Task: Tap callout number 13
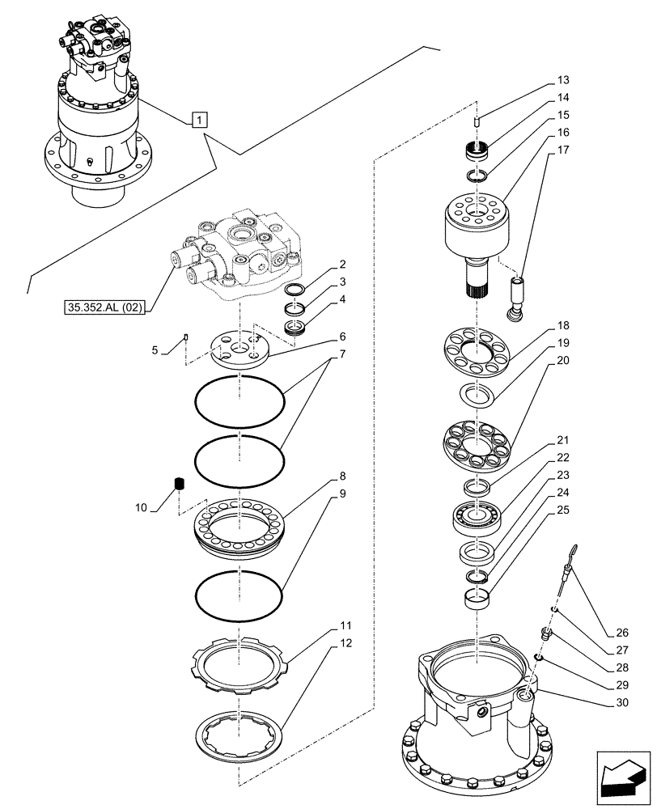(x=563, y=80)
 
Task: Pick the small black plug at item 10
(x=180, y=485)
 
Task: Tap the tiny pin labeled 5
(x=187, y=338)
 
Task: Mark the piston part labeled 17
(x=515, y=295)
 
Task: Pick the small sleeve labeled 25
(x=477, y=599)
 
